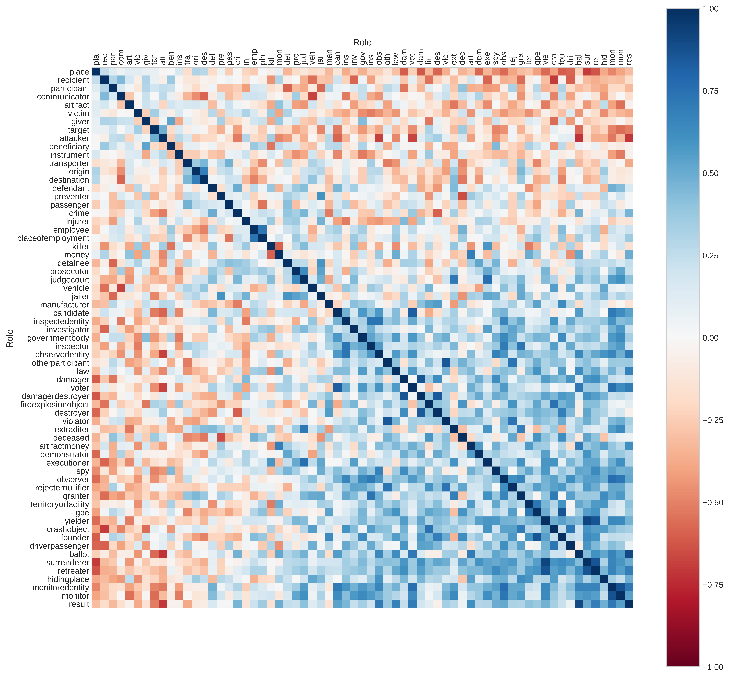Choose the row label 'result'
[79, 605]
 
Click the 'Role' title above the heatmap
[362, 43]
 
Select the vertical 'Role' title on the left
[10, 338]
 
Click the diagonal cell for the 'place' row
[96, 71]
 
